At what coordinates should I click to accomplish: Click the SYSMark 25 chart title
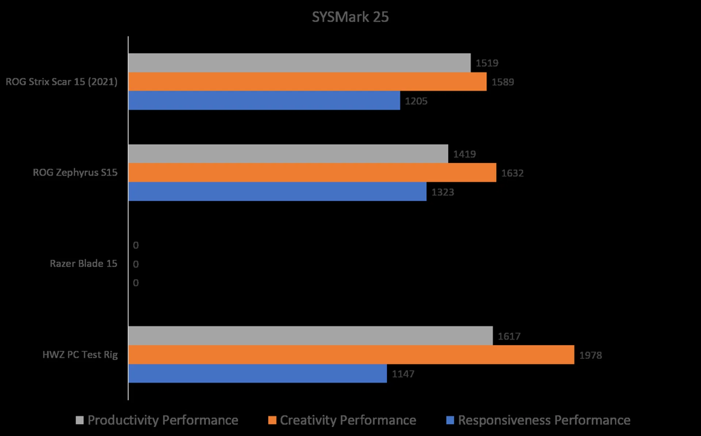point(350,17)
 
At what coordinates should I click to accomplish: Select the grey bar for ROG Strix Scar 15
point(299,63)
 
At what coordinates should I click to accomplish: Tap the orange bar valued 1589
point(307,82)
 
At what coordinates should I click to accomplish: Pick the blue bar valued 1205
point(264,101)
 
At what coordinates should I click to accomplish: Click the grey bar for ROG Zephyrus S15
point(288,154)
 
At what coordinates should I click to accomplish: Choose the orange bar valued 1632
point(312,173)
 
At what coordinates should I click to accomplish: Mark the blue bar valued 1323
point(277,192)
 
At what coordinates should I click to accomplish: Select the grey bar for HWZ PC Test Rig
point(310,336)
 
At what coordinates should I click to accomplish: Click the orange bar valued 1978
point(351,355)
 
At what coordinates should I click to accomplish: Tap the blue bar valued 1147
point(257,374)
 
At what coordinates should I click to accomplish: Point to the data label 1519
point(487,63)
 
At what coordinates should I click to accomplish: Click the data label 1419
point(464,154)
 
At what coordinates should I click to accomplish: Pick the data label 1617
point(509,336)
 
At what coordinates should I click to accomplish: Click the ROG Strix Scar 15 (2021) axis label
point(61,82)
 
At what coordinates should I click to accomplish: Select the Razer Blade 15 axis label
point(84,263)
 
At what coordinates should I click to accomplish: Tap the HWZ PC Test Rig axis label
point(80,355)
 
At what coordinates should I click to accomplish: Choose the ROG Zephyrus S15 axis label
point(75,173)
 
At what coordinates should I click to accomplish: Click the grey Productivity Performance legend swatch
point(80,420)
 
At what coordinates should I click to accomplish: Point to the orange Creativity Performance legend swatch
point(272,420)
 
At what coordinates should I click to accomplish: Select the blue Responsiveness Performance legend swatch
point(450,420)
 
